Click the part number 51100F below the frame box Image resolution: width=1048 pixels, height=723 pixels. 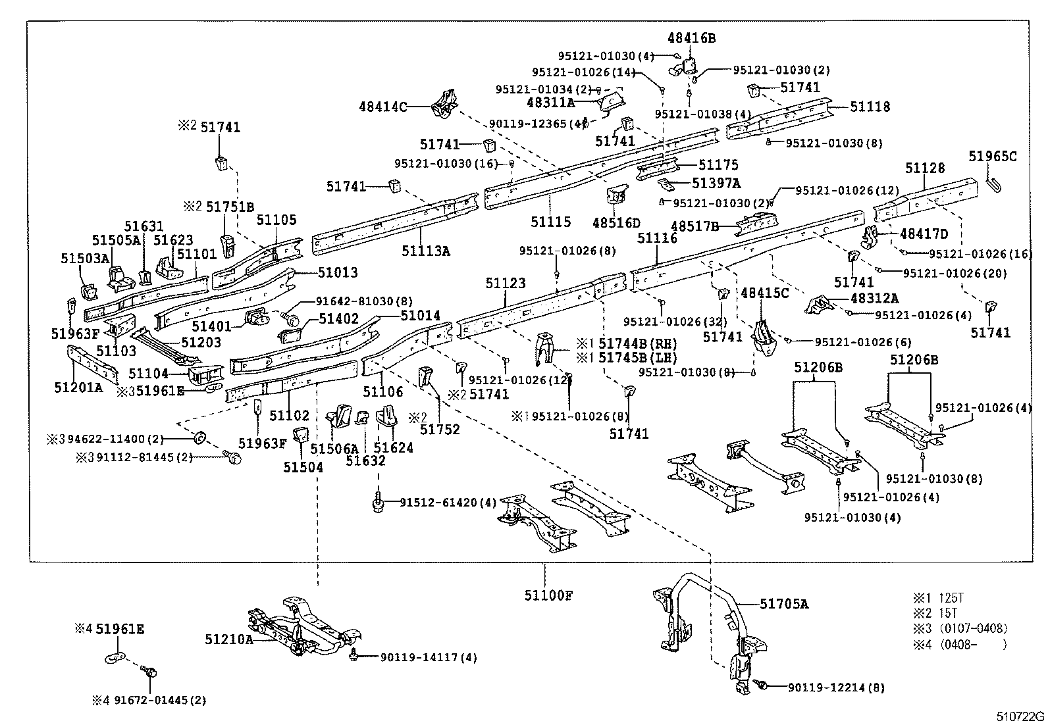click(548, 595)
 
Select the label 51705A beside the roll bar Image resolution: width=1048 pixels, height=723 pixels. click(784, 604)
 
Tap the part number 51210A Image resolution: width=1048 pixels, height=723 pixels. click(228, 639)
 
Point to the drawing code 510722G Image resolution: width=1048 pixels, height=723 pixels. click(1020, 716)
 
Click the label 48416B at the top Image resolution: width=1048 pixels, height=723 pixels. click(691, 38)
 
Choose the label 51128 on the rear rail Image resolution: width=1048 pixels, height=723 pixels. click(924, 168)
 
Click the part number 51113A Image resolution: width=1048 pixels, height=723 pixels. click(426, 251)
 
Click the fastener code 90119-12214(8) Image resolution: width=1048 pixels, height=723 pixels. click(836, 688)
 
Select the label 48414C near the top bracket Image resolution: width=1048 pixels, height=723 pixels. click(383, 106)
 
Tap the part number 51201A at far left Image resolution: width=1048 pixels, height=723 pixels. click(78, 387)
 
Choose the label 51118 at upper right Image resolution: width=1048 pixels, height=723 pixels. click(870, 107)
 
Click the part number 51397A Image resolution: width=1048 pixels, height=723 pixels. click(716, 184)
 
